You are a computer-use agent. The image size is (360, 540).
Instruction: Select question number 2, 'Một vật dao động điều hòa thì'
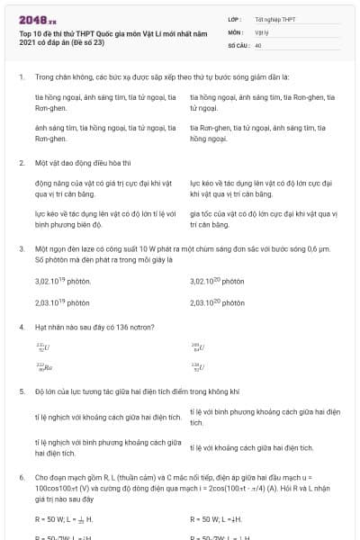click(x=21, y=164)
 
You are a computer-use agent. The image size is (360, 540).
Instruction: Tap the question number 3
click(x=21, y=247)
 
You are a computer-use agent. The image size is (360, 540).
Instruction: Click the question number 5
click(x=21, y=392)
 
